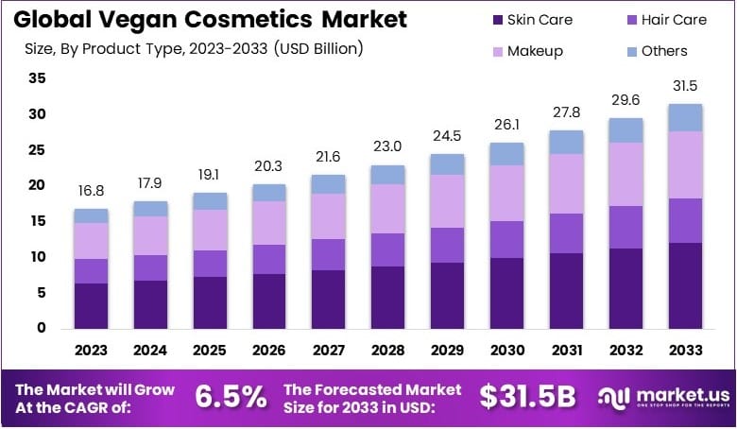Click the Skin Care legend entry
click(x=531, y=19)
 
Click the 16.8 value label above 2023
click(x=91, y=192)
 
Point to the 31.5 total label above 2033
click(x=685, y=87)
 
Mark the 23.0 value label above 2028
click(x=387, y=147)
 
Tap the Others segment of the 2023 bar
click(x=91, y=215)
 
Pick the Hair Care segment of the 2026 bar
click(x=268, y=259)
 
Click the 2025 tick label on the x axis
click(x=210, y=351)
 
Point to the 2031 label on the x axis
click(x=566, y=351)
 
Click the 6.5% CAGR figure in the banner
click(x=231, y=397)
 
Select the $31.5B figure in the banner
click(x=526, y=397)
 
